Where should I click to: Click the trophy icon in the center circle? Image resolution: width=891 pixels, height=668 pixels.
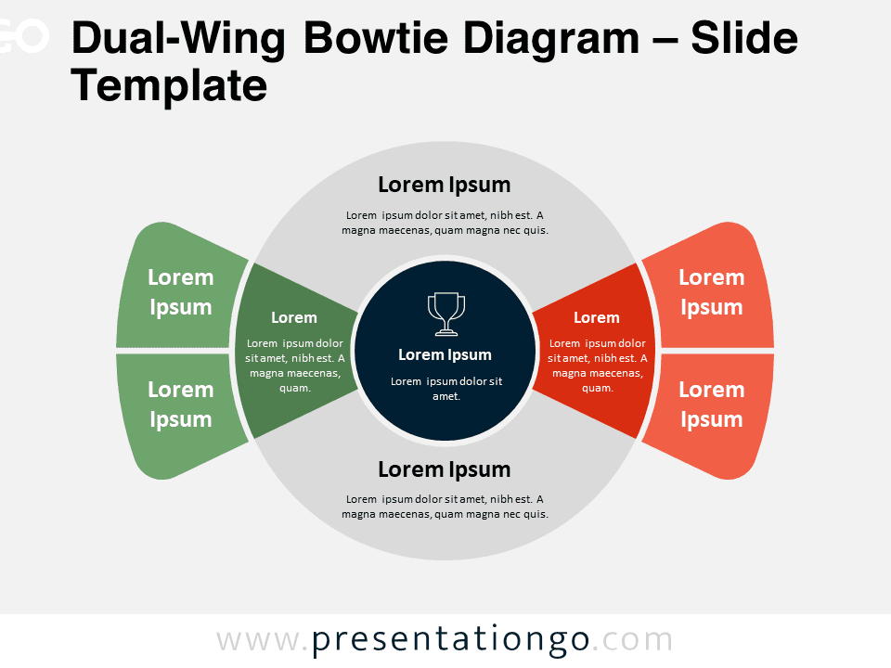click(446, 314)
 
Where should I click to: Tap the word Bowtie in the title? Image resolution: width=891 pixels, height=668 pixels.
click(376, 38)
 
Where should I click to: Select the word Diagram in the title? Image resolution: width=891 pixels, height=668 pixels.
click(551, 40)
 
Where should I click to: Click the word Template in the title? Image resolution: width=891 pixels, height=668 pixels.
click(169, 85)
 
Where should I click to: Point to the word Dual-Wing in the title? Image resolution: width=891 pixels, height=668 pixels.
click(178, 40)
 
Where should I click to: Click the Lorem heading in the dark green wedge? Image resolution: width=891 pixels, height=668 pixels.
click(294, 317)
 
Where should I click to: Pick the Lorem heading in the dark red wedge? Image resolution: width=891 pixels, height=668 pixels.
click(596, 317)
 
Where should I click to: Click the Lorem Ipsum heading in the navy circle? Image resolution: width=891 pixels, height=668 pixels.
click(445, 355)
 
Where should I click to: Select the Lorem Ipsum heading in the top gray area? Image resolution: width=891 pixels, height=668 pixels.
click(445, 186)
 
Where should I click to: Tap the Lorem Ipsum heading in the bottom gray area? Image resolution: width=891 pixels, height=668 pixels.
click(445, 469)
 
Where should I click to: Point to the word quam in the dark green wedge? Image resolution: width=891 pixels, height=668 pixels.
click(294, 389)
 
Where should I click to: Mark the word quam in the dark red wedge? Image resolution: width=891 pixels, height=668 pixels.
click(596, 389)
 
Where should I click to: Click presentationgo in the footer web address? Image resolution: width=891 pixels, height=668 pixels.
click(450, 641)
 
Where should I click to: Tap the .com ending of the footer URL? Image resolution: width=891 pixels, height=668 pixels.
click(632, 641)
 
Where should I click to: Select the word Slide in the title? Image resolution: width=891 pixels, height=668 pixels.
click(744, 38)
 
